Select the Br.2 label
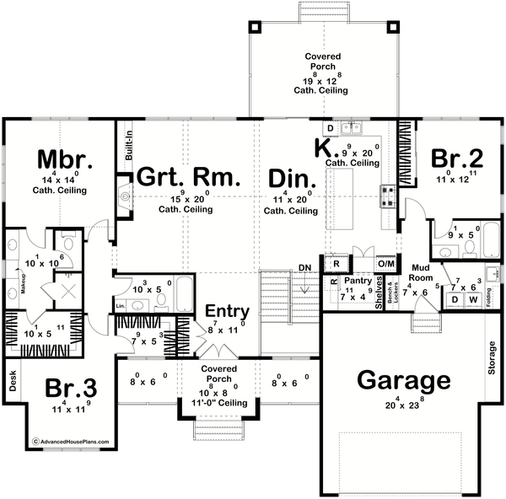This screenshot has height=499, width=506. tap(457, 158)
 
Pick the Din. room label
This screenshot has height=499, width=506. tap(292, 179)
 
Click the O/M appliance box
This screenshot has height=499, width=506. tap(385, 263)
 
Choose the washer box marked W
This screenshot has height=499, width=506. tap(473, 300)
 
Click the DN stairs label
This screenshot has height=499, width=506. tap(304, 269)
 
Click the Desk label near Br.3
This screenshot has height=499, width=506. tap(13, 384)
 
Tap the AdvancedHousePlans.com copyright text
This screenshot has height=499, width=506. tap(64, 441)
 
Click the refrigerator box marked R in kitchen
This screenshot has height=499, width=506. tap(336, 263)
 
